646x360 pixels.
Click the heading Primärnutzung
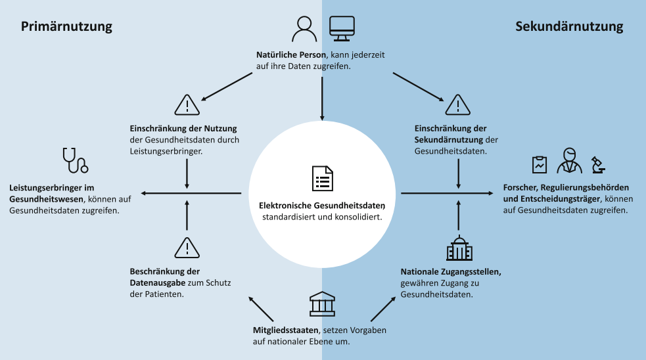tap(67, 27)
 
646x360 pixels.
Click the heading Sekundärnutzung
tap(569, 26)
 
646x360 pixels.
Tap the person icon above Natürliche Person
tap(304, 29)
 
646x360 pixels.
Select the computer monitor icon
tap(342, 29)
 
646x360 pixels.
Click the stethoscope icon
tap(75, 160)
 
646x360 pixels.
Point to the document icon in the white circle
tap(322, 178)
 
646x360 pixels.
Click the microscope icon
tap(598, 165)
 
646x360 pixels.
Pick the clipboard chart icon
tap(540, 165)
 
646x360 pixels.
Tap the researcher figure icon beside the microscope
tap(569, 161)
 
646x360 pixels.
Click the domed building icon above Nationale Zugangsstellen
tap(459, 248)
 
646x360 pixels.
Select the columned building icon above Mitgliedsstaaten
tap(322, 304)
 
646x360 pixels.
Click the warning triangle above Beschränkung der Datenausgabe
tap(187, 248)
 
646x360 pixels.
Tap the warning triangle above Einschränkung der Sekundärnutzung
tap(458, 104)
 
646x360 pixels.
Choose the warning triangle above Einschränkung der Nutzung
tap(187, 104)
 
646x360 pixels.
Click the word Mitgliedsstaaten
tap(285, 330)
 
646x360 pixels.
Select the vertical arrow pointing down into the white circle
tap(322, 99)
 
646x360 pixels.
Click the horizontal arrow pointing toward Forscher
tap(447, 193)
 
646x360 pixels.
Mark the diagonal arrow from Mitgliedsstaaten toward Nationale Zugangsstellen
tap(383, 309)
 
